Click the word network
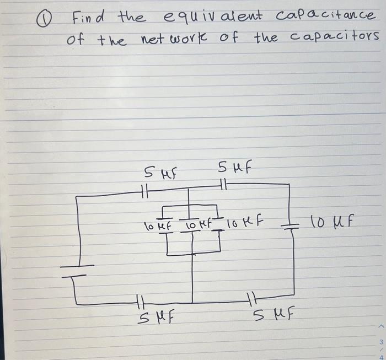(x=173, y=40)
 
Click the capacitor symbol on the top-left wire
(x=144, y=191)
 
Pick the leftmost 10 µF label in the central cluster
(x=156, y=225)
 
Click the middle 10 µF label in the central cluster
(x=195, y=225)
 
